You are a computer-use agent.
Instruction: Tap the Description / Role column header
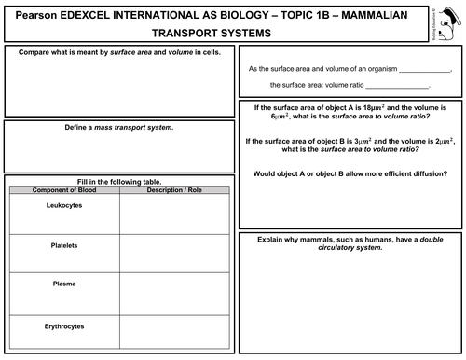pos(173,189)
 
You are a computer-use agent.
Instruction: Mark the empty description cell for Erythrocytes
pos(173,332)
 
